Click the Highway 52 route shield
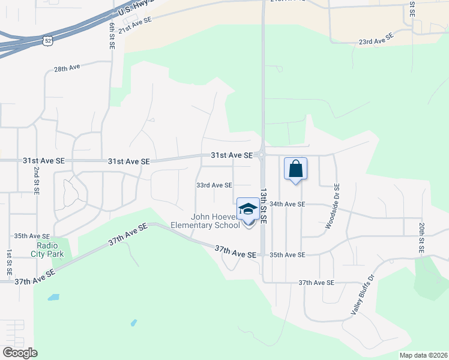(x=47, y=41)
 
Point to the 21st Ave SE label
(x=135, y=25)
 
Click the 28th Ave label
(x=67, y=69)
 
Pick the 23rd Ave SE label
(x=376, y=39)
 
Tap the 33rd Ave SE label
(x=214, y=185)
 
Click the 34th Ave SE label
(x=288, y=204)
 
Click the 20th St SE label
(x=422, y=236)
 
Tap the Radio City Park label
(x=50, y=250)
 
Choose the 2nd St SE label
(x=36, y=181)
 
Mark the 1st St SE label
(x=10, y=262)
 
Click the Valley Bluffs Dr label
(x=362, y=295)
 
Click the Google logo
(x=20, y=353)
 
